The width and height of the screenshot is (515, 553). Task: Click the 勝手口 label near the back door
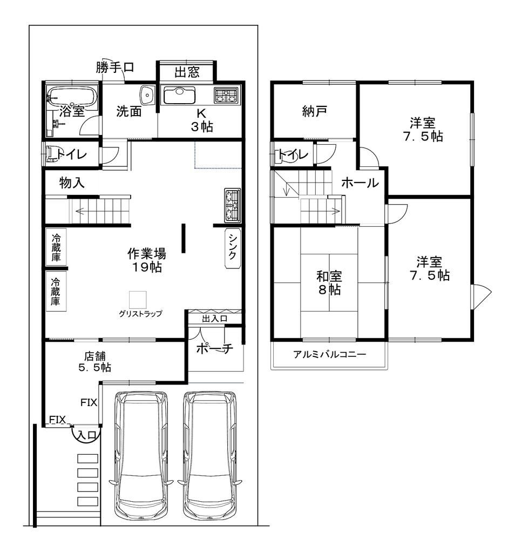115,68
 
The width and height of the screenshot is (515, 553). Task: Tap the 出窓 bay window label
186,72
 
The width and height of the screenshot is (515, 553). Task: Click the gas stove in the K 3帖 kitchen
226,96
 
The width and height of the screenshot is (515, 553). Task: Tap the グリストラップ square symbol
138,300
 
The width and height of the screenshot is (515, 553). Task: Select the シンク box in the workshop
232,248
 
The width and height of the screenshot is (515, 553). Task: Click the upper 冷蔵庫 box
56,248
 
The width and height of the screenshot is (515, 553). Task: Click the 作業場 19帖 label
146,259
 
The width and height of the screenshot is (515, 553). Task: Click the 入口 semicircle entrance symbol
86,434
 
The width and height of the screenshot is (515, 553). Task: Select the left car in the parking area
139,456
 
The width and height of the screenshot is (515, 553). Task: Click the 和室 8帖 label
329,282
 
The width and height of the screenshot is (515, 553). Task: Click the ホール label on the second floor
360,183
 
